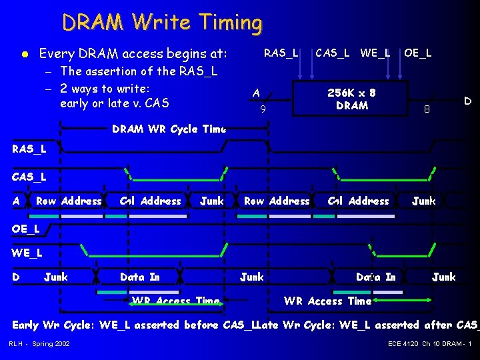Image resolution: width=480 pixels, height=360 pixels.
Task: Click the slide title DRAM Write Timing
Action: click(x=162, y=23)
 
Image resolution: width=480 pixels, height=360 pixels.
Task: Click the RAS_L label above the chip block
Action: click(x=281, y=52)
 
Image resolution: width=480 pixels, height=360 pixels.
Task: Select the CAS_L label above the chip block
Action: click(x=332, y=52)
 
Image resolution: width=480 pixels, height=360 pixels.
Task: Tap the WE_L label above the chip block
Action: click(x=375, y=52)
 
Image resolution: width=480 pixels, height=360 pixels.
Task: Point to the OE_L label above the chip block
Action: click(x=417, y=52)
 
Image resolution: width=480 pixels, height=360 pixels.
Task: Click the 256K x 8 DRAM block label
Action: click(x=352, y=99)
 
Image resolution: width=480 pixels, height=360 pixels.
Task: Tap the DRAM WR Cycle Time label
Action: click(x=169, y=129)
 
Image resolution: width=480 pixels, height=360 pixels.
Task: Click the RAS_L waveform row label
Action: click(x=29, y=149)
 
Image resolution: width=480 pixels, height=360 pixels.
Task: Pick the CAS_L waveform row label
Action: click(x=29, y=177)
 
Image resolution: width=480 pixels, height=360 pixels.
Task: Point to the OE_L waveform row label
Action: click(x=26, y=229)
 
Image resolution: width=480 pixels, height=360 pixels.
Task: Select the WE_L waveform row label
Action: click(x=27, y=253)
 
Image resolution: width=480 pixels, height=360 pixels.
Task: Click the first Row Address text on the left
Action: click(x=69, y=201)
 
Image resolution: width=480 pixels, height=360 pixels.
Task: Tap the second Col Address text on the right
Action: click(x=359, y=201)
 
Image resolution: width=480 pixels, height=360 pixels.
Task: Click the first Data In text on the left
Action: click(x=139, y=277)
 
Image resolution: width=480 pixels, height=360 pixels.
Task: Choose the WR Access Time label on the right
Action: click(x=327, y=301)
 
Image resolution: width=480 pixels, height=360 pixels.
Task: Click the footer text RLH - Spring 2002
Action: click(x=39, y=343)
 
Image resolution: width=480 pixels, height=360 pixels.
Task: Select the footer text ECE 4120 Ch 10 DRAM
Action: click(x=429, y=343)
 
